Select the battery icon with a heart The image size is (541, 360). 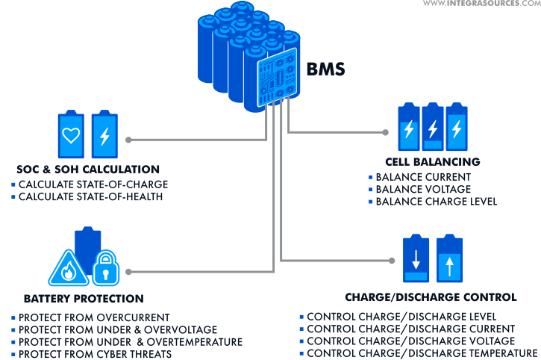[x=71, y=135]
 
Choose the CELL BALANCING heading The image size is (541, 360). [x=432, y=161]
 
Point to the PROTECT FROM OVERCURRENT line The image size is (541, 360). [x=94, y=317]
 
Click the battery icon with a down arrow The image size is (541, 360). [x=415, y=261]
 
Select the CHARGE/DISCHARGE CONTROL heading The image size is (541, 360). [x=431, y=298]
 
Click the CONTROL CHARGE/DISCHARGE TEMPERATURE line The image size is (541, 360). [x=422, y=353]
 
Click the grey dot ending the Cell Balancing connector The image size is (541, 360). [x=385, y=132]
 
